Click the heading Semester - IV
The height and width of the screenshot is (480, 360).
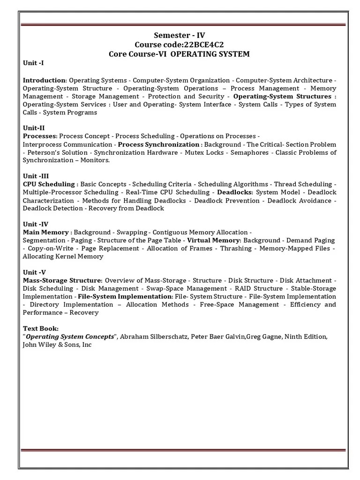180,36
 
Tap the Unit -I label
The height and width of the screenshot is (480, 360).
33,63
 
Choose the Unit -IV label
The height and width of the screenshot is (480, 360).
36,224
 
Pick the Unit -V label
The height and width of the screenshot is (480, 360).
34,272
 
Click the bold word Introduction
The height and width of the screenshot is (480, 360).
44,80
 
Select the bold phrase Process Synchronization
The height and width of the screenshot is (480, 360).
158,144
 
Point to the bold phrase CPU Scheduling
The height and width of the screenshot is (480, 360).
49,184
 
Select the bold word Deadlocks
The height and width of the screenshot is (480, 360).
234,192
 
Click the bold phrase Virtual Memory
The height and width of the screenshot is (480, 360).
214,240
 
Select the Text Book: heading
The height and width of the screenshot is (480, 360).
41,329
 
